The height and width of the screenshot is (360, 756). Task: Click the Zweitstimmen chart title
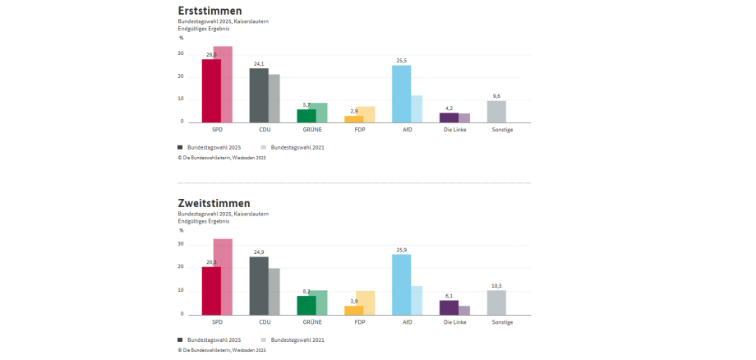[x=214, y=203]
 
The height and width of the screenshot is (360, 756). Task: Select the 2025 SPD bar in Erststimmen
[x=211, y=90]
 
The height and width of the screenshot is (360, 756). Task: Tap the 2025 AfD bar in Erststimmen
[x=401, y=94]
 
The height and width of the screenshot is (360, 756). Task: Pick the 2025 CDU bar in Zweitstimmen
[x=259, y=285]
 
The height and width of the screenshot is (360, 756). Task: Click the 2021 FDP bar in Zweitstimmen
[x=366, y=302]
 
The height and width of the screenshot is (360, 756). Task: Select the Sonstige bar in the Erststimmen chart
[x=496, y=112]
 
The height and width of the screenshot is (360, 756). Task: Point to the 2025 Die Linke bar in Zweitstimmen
[x=449, y=307]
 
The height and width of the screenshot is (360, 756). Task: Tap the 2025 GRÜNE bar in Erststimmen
[x=307, y=116]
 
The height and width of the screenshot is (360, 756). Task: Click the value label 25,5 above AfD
[x=401, y=61]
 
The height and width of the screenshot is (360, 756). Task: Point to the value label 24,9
[x=259, y=252]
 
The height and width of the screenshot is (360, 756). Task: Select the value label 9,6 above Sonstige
[x=496, y=96]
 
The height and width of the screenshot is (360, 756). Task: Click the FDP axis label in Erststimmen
[x=359, y=130]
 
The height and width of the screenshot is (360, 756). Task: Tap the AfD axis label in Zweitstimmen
[x=407, y=322]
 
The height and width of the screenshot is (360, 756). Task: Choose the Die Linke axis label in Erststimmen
[x=454, y=130]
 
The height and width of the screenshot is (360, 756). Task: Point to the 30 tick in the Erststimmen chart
[x=181, y=53]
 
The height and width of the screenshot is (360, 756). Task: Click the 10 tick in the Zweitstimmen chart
[x=181, y=291]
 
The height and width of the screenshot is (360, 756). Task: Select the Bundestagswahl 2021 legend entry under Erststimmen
[x=293, y=147]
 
